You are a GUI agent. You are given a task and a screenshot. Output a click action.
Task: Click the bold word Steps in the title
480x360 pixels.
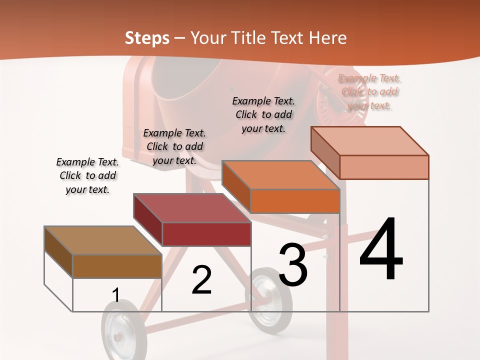[x=147, y=38]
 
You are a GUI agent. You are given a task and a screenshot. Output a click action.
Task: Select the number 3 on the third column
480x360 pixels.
[x=292, y=264]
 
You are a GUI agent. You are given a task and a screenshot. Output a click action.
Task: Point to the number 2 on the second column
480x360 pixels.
[x=201, y=280]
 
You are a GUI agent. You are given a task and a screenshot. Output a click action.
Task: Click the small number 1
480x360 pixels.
[x=115, y=295]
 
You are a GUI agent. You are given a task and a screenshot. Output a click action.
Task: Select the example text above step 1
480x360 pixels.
[x=87, y=176]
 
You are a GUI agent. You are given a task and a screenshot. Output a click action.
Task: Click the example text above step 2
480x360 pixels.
[x=174, y=146]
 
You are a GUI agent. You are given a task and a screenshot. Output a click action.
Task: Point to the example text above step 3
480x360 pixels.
[x=263, y=114]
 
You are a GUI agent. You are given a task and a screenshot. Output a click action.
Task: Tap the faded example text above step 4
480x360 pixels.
[x=369, y=92]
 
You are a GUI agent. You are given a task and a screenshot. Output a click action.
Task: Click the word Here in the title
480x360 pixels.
[x=327, y=38]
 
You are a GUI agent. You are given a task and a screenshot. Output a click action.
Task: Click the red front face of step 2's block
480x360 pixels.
[x=206, y=234]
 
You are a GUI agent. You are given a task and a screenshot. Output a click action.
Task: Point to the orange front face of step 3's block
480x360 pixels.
[x=295, y=201]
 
